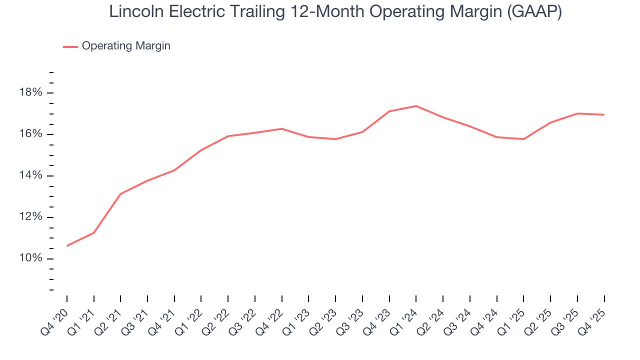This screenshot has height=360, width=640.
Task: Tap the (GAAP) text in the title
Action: click(x=534, y=12)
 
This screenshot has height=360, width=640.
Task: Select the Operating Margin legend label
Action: click(x=126, y=46)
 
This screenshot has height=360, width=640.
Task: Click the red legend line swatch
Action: click(x=70, y=46)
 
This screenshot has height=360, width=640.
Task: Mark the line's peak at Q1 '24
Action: click(x=416, y=106)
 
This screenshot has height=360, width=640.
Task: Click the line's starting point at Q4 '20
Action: click(x=67, y=245)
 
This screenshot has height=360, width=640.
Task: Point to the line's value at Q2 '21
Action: click(x=120, y=194)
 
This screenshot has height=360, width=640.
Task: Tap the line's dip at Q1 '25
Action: click(x=523, y=139)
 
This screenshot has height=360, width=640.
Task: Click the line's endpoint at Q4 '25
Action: click(x=604, y=114)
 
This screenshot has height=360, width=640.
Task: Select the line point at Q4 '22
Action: click(x=281, y=129)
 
